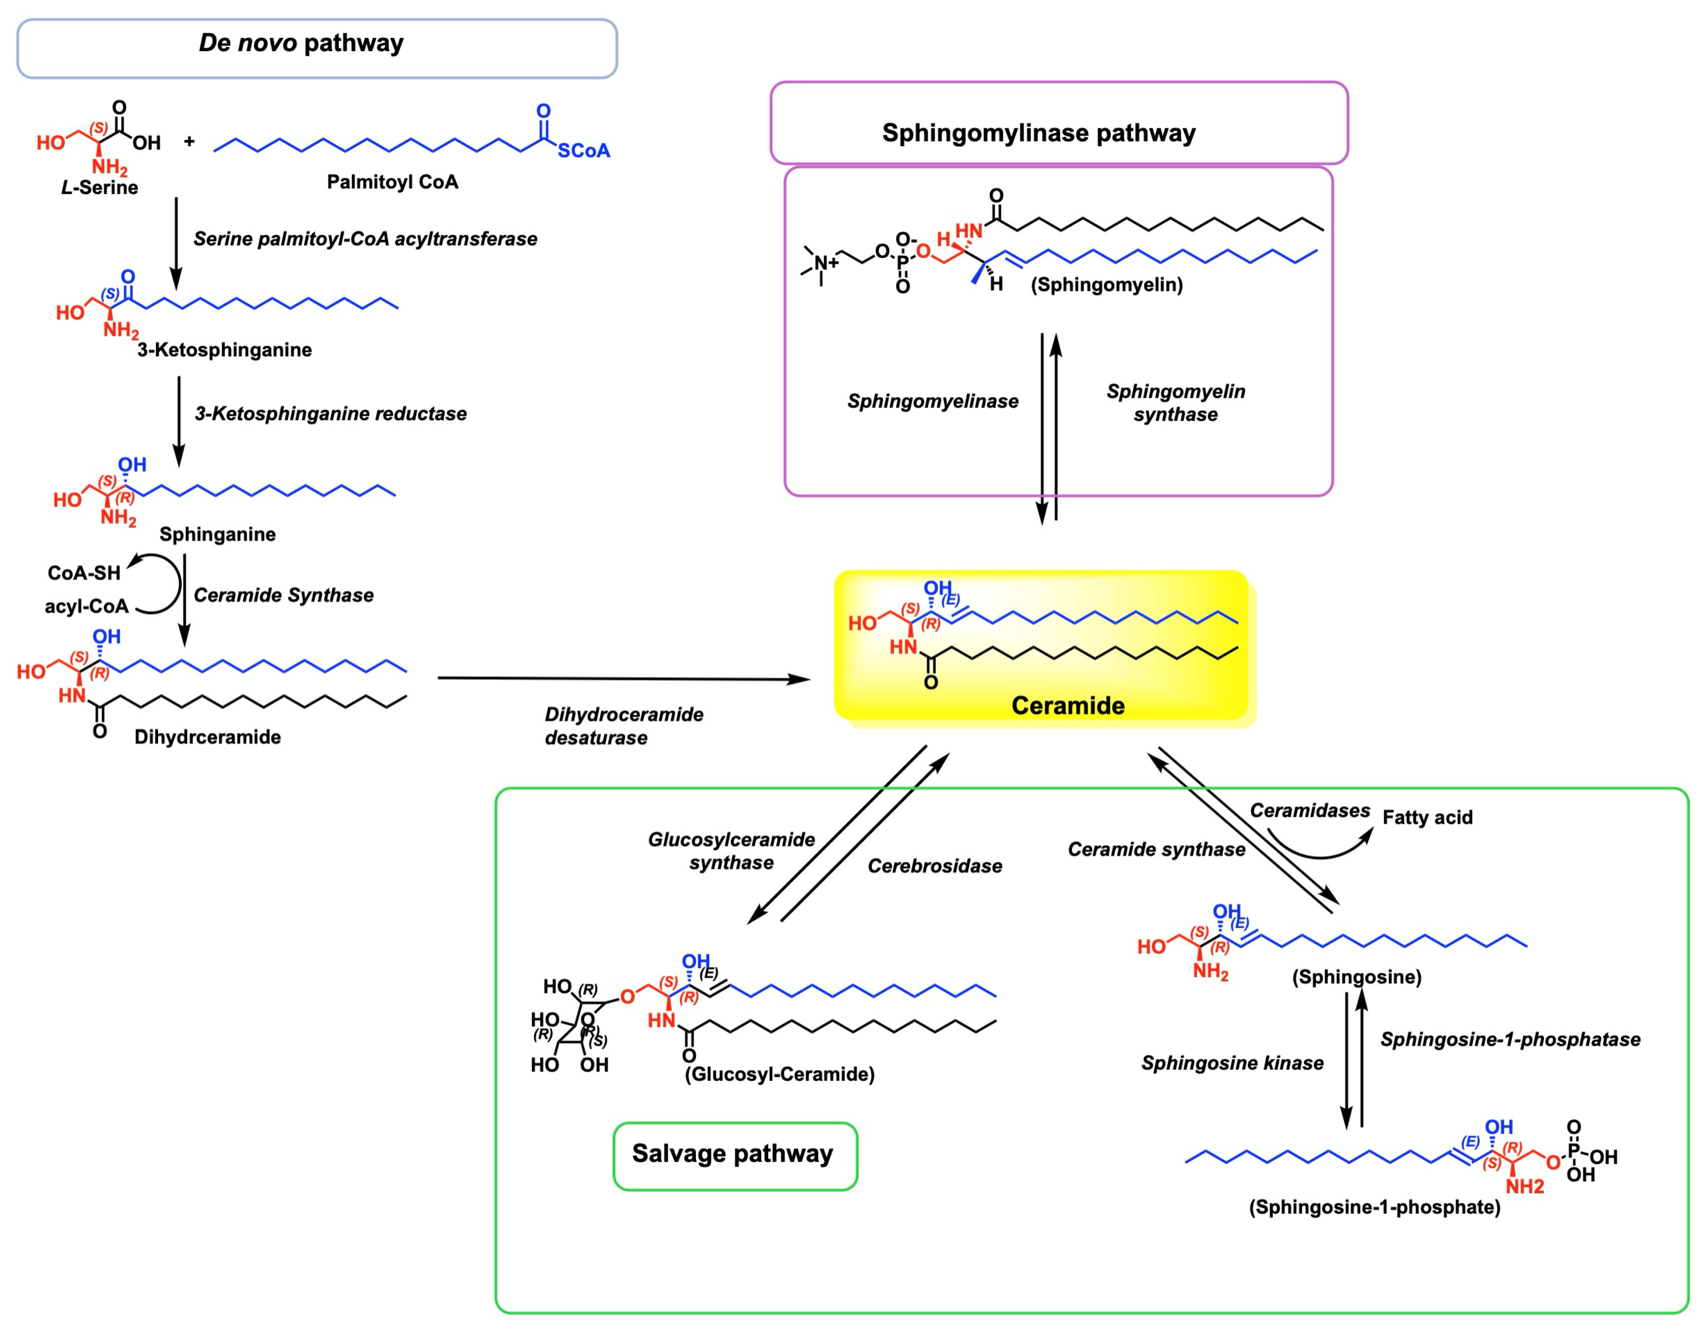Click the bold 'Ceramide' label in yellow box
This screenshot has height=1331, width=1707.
point(1068,706)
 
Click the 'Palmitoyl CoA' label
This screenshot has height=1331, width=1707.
point(393,182)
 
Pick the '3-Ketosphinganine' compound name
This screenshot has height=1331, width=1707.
point(224,350)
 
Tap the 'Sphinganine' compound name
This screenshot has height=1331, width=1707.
point(217,534)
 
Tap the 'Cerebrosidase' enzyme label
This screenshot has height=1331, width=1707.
point(935,866)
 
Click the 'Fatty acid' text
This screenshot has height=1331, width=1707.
point(1427,817)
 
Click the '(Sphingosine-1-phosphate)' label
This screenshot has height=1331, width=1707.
point(1374,1208)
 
